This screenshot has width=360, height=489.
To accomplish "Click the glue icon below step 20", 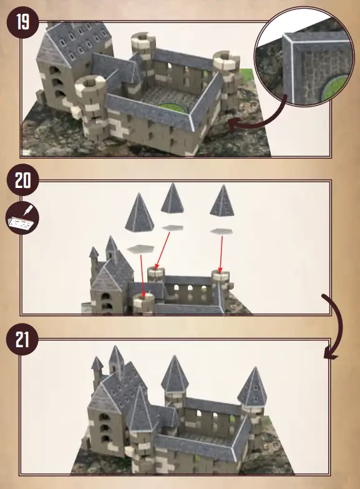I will [x=22, y=216].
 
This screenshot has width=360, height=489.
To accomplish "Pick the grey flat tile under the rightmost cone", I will [x=221, y=232].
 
